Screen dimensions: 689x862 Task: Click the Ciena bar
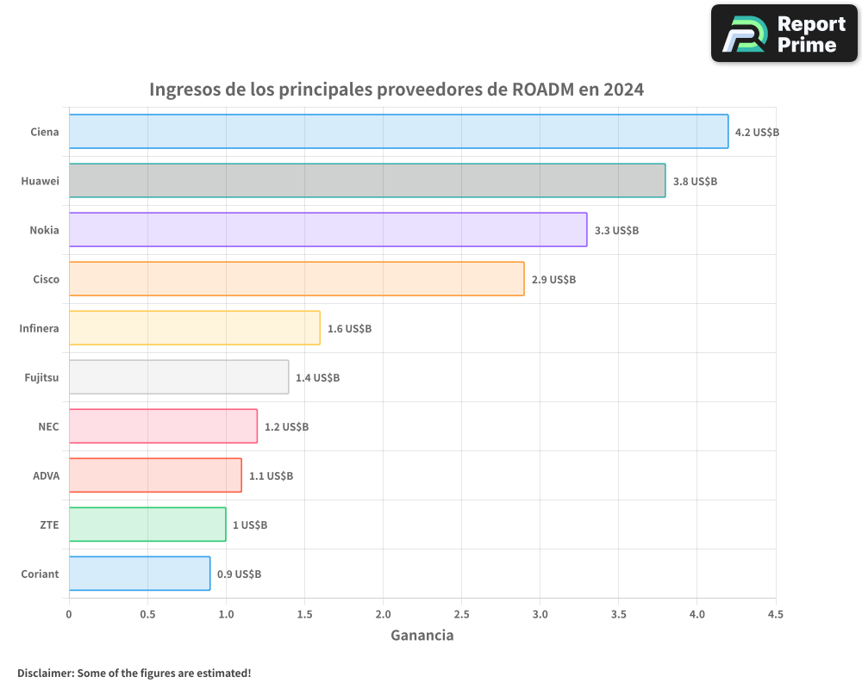point(398,132)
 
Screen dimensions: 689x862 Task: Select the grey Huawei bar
point(367,181)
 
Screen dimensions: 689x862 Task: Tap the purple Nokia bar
point(328,230)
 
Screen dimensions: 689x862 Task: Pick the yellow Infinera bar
point(194,328)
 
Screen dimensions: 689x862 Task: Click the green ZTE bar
point(147,525)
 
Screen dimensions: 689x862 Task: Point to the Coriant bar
point(140,574)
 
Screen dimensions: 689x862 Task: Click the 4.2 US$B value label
point(757,133)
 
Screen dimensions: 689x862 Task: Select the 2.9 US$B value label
point(553,280)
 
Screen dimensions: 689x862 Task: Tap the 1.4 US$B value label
point(317,378)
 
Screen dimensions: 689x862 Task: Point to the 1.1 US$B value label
point(271,476)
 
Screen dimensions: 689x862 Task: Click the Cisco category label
point(46,279)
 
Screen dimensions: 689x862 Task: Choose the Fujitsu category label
point(41,377)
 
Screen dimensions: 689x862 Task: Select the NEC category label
point(48,426)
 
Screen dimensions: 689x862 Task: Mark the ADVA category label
point(46,475)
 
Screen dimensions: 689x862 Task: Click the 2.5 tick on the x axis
point(461,614)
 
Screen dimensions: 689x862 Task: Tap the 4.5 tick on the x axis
point(775,614)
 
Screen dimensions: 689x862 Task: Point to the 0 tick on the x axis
point(69,614)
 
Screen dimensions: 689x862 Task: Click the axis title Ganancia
point(422,636)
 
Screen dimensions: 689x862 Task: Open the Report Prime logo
point(784,34)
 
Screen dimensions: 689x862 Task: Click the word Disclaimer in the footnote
point(45,673)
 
